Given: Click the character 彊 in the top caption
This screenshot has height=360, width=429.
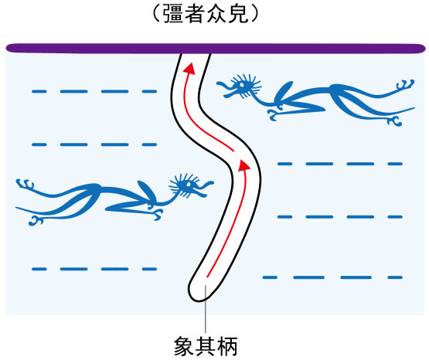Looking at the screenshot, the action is pyautogui.click(x=173, y=14).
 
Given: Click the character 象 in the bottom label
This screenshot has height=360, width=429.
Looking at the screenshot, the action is pyautogui.click(x=184, y=346).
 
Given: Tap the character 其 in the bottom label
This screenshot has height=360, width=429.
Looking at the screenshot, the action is pyautogui.click(x=206, y=346).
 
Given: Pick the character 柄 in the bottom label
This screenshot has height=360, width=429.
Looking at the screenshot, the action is pyautogui.click(x=227, y=346).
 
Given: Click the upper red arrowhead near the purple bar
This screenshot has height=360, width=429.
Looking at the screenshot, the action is pyautogui.click(x=189, y=68).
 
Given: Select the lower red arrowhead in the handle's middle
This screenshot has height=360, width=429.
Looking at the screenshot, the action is pyautogui.click(x=243, y=165).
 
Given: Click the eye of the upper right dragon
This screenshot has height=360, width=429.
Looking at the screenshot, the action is pyautogui.click(x=242, y=85).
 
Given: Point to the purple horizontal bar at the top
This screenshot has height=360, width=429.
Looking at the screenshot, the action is pyautogui.click(x=216, y=48).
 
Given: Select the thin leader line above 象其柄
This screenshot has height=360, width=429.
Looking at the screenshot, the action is pyautogui.click(x=206, y=309).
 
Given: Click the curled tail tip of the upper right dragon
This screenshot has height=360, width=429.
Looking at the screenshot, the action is pyautogui.click(x=407, y=84).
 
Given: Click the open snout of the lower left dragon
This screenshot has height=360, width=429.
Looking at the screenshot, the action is pyautogui.click(x=206, y=188).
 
